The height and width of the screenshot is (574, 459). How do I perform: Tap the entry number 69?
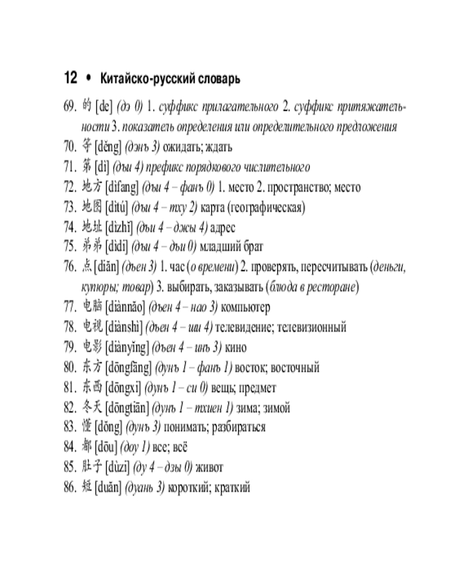[70, 107]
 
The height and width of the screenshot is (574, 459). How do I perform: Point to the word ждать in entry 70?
[218, 147]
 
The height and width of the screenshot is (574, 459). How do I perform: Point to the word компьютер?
[246, 308]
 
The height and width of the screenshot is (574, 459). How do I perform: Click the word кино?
[236, 348]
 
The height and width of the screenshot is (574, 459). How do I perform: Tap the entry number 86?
[70, 488]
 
